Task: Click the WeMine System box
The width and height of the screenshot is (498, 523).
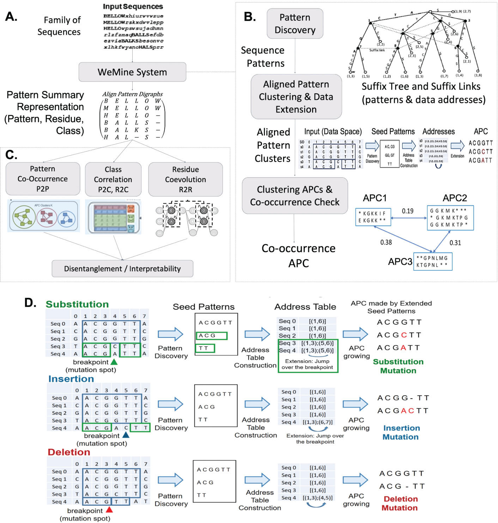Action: pos(132,72)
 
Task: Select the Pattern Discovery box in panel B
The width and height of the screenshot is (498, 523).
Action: pos(295,24)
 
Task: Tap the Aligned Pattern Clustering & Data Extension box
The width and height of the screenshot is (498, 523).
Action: pos(296,97)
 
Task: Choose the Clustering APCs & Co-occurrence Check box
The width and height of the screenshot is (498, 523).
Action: pos(295,196)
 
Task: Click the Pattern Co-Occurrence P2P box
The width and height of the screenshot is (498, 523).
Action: pos(43,179)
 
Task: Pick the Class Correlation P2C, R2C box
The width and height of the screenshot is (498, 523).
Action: pos(113,180)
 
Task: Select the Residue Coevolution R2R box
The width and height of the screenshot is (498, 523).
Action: pos(186,180)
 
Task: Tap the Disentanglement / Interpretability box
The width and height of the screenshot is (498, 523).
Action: pos(122,269)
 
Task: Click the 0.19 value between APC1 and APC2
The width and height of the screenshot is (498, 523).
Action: pos(408,211)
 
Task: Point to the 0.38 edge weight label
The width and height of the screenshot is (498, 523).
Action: pos(386,242)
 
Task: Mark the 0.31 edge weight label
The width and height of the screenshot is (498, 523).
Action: pos(455,243)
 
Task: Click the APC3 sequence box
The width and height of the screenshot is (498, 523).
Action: pos(432,262)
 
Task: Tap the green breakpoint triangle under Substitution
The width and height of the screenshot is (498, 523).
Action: pos(114,362)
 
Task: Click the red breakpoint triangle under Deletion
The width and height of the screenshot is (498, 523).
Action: pos(109,510)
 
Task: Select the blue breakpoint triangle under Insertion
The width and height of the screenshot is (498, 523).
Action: pos(126,435)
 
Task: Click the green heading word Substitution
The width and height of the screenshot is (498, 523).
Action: pos(77,304)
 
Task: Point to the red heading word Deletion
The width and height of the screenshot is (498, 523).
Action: pos(69,452)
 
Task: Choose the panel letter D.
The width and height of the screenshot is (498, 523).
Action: pos(30,303)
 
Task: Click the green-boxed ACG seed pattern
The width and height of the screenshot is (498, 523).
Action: pos(211,335)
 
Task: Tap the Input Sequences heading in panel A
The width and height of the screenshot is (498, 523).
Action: pos(133,6)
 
